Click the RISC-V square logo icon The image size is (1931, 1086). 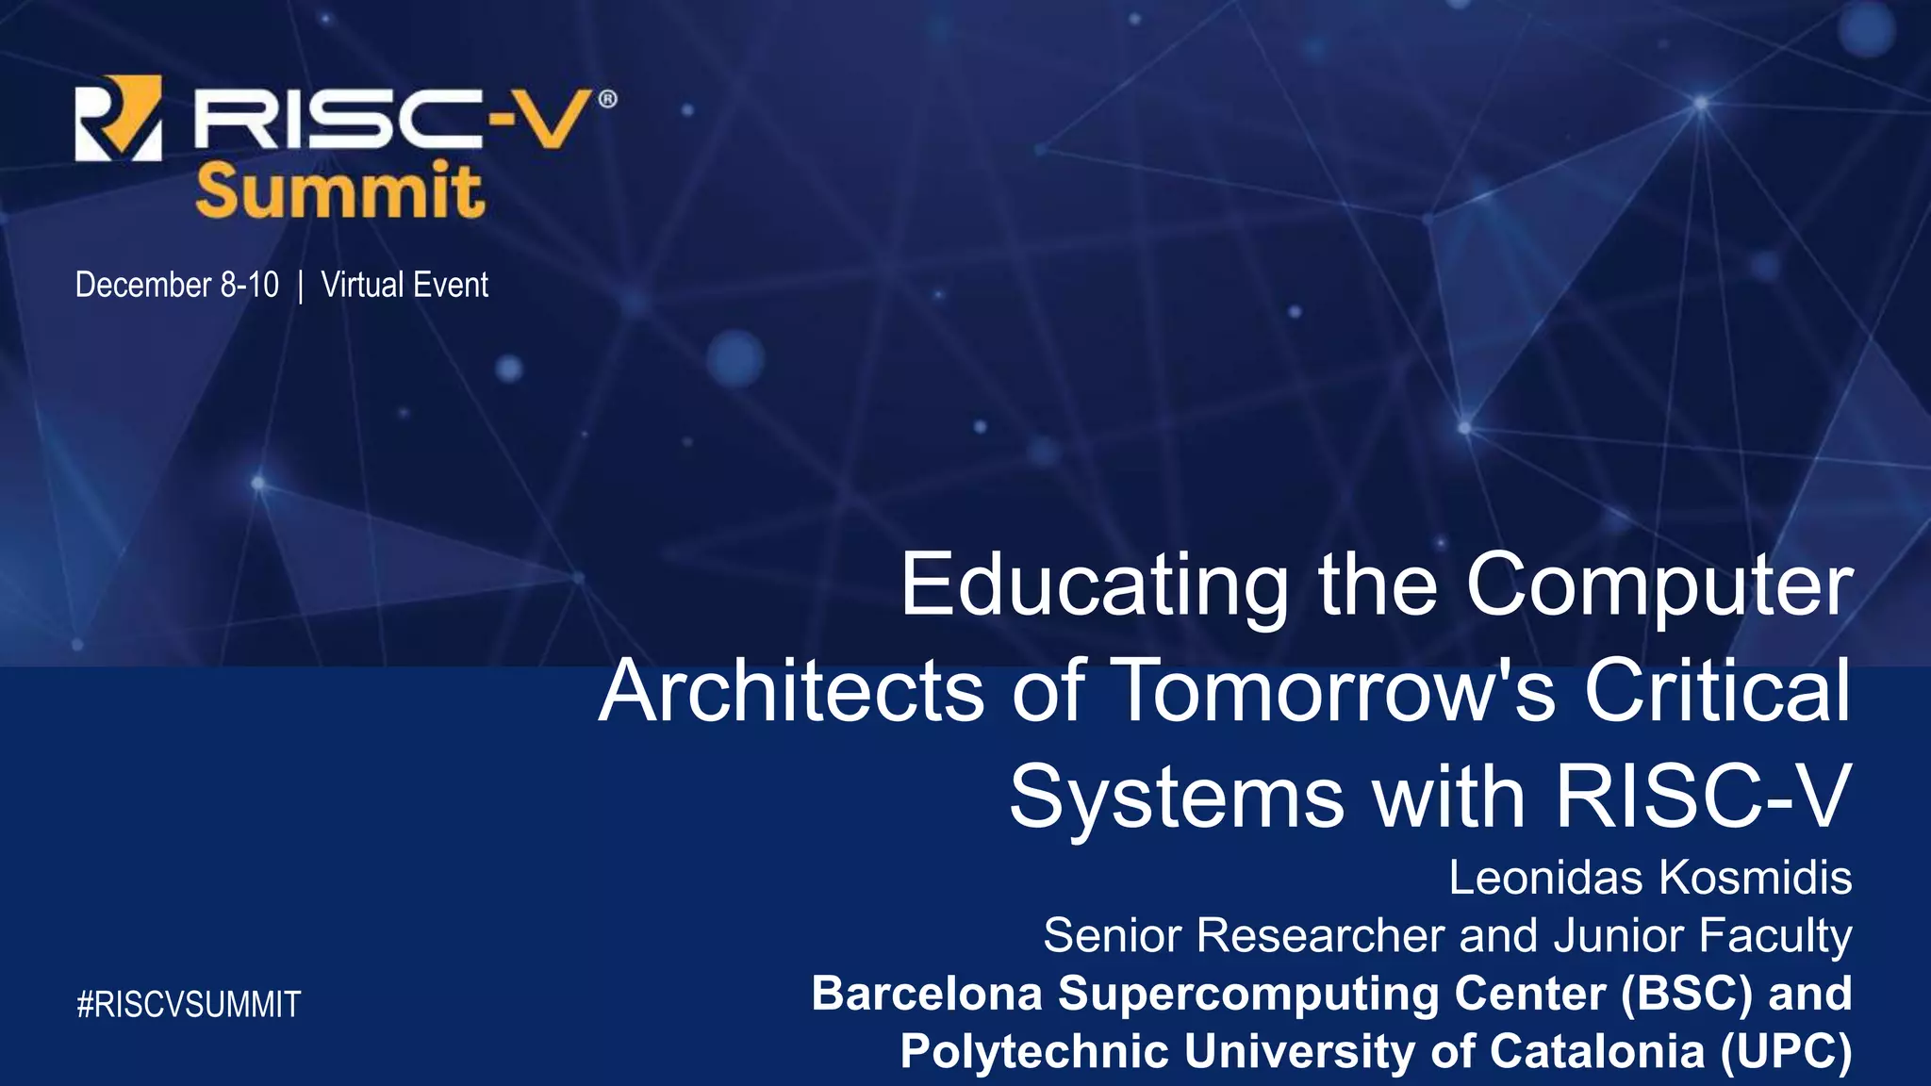pyautogui.click(x=118, y=118)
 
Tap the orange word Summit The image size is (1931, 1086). pyautogui.click(x=339, y=191)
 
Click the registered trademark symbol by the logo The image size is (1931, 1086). pyautogui.click(x=608, y=98)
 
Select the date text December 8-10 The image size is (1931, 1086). pyautogui.click(x=176, y=285)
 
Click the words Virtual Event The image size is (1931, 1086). pyautogui.click(x=404, y=285)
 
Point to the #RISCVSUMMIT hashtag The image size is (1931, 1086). pyautogui.click(x=189, y=1005)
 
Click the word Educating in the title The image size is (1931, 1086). pyautogui.click(x=1094, y=585)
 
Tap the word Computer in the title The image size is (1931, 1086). pyautogui.click(x=1659, y=585)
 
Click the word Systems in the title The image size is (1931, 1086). pyautogui.click(x=1177, y=797)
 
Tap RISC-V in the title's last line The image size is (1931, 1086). pyautogui.click(x=1703, y=797)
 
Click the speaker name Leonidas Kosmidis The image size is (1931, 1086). pyautogui.click(x=1650, y=878)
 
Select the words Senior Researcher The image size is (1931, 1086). pyautogui.click(x=1244, y=935)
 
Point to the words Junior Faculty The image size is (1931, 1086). pyautogui.click(x=1703, y=935)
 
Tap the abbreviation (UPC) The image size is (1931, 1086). pyautogui.click(x=1786, y=1051)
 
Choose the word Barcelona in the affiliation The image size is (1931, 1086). pyautogui.click(x=927, y=994)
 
